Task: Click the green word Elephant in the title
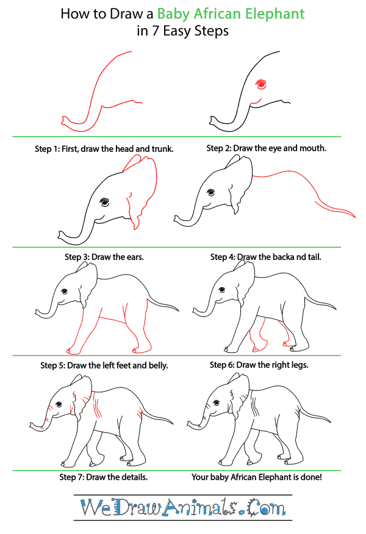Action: pos(275,14)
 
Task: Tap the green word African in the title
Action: pos(218,14)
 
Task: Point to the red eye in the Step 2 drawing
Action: pos(261,84)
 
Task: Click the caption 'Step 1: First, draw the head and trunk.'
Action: pos(104,149)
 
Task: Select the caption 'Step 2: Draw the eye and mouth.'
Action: pos(266,148)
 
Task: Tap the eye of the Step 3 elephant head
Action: pos(104,202)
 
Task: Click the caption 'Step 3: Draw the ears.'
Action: pos(104,257)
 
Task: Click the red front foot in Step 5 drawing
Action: pos(74,350)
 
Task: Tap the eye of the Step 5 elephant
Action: pos(64,292)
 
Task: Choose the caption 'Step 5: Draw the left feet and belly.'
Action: pos(104,366)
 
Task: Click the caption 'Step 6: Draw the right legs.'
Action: pos(259,365)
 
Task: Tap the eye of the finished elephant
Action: pos(217,403)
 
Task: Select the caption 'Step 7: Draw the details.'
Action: pos(104,477)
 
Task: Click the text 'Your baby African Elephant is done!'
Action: pos(257,477)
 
